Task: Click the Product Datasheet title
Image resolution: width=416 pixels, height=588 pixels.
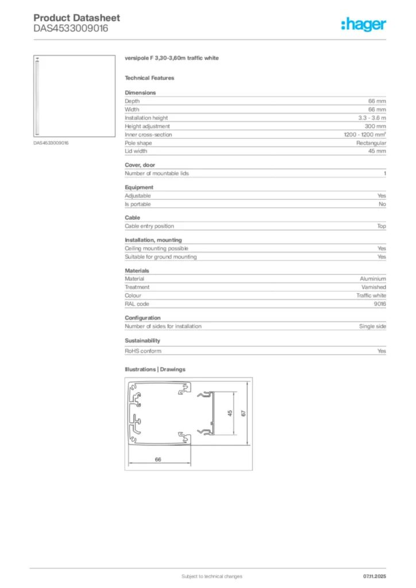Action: pyautogui.click(x=68, y=18)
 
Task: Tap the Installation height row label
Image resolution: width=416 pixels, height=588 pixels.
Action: pyautogui.click(x=147, y=118)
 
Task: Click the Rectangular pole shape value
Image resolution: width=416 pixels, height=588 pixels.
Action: pyautogui.click(x=371, y=143)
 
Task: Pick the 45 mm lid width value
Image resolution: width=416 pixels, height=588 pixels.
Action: pyautogui.click(x=377, y=151)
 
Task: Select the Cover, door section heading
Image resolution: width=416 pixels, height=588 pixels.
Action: pyautogui.click(x=140, y=165)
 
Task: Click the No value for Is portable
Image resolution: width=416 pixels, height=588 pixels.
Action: pyautogui.click(x=382, y=204)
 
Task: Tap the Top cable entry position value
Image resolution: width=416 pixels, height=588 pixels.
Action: pyautogui.click(x=382, y=226)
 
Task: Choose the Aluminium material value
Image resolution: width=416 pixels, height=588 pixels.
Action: pyautogui.click(x=373, y=278)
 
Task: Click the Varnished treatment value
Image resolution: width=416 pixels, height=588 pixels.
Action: pyautogui.click(x=373, y=287)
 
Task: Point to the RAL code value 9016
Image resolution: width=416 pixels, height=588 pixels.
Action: pyautogui.click(x=379, y=304)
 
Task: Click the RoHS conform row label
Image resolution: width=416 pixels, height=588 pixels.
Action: pyautogui.click(x=143, y=351)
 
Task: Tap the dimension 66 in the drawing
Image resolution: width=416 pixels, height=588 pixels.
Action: pyautogui.click(x=157, y=459)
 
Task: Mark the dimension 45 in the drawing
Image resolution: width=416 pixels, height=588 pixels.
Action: pyautogui.click(x=229, y=413)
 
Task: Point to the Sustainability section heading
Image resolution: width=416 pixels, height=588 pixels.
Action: pyautogui.click(x=142, y=341)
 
